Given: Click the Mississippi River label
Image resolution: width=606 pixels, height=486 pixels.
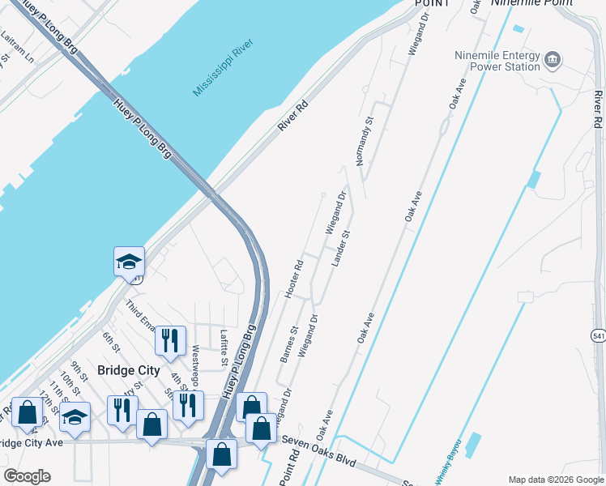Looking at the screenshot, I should pos(224,67).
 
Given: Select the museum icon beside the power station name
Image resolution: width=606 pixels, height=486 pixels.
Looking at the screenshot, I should pos(553,60).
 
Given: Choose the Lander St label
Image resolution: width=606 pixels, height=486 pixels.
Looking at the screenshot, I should pos(340,249).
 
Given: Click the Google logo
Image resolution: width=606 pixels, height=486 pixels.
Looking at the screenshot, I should pos(27,475).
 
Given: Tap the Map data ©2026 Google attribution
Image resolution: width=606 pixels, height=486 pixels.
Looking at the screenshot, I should pos(555,479).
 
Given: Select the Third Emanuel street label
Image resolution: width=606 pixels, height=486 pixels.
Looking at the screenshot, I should pos(140,315).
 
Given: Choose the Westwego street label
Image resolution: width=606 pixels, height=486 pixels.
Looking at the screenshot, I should pos(195,367).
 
